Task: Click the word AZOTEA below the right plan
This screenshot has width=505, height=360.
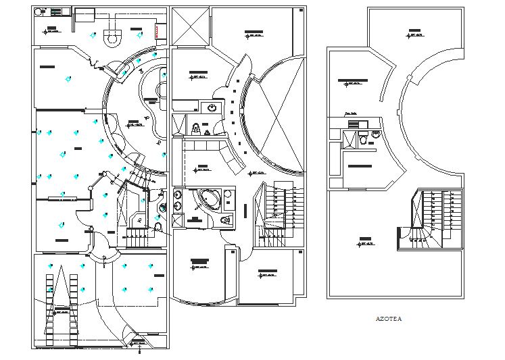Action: coord(388,319)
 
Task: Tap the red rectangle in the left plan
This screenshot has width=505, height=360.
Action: coord(158,31)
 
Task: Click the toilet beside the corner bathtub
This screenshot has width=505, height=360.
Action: coord(226,220)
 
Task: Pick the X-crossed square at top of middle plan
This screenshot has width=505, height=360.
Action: coord(191,28)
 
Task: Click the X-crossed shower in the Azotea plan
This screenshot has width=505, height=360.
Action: coord(350,139)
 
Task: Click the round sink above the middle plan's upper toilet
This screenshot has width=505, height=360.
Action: coord(211,107)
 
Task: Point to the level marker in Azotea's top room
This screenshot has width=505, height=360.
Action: coord(413,32)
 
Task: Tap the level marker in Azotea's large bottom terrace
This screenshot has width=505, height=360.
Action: coord(365,240)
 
